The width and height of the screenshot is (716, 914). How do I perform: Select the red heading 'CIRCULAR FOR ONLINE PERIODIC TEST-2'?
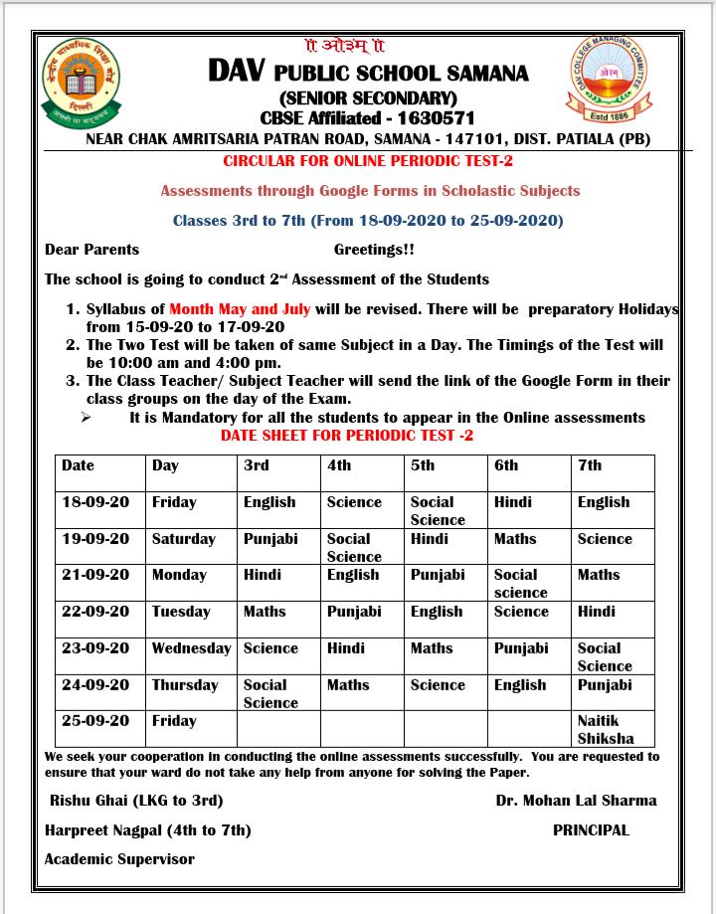tap(368, 160)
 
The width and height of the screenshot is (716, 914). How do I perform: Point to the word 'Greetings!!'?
tap(374, 250)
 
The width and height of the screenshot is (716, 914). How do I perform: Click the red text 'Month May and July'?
tap(240, 309)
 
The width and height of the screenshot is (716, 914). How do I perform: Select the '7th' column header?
tap(590, 465)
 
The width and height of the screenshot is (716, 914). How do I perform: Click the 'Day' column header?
tap(165, 465)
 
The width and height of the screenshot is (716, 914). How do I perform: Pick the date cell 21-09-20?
tap(95, 575)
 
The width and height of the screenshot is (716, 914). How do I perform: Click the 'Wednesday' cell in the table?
tap(191, 648)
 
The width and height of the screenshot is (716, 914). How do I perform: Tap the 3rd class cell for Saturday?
tap(270, 539)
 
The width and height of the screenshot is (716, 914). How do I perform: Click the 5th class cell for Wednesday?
tap(432, 648)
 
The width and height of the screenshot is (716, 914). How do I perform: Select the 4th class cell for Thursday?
tap(348, 685)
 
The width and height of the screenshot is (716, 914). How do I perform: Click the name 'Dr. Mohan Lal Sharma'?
tap(576, 800)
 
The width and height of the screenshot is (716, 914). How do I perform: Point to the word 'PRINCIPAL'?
tap(591, 829)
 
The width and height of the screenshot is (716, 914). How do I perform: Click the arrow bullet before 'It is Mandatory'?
tap(87, 418)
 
